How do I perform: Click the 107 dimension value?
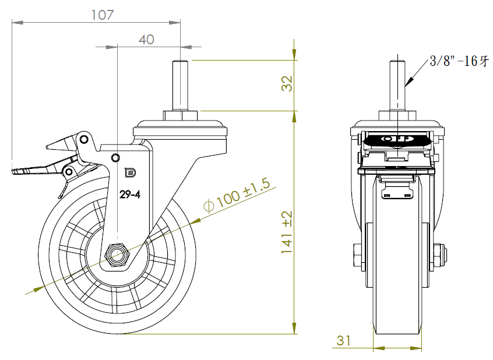tap(102, 15)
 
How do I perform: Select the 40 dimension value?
tap(146, 40)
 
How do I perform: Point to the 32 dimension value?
tap(287, 84)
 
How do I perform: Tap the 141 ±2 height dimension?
tap(287, 232)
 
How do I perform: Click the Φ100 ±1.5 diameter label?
tap(237, 196)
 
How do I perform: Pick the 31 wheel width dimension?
tap(343, 341)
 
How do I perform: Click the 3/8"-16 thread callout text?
tap(459, 61)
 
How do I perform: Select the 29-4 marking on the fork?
tap(129, 195)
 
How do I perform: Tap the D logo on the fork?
tap(130, 172)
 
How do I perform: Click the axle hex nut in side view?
tap(117, 255)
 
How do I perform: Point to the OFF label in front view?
tap(397, 139)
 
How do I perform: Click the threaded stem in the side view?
tap(180, 85)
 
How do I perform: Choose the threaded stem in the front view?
tap(397, 85)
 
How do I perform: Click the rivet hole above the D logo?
tap(116, 157)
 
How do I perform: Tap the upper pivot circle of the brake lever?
tap(83, 139)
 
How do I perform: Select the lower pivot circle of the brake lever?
tap(68, 172)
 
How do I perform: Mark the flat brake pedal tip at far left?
tap(19, 171)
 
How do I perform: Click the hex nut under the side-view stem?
tap(180, 115)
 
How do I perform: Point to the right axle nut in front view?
tap(439, 255)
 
